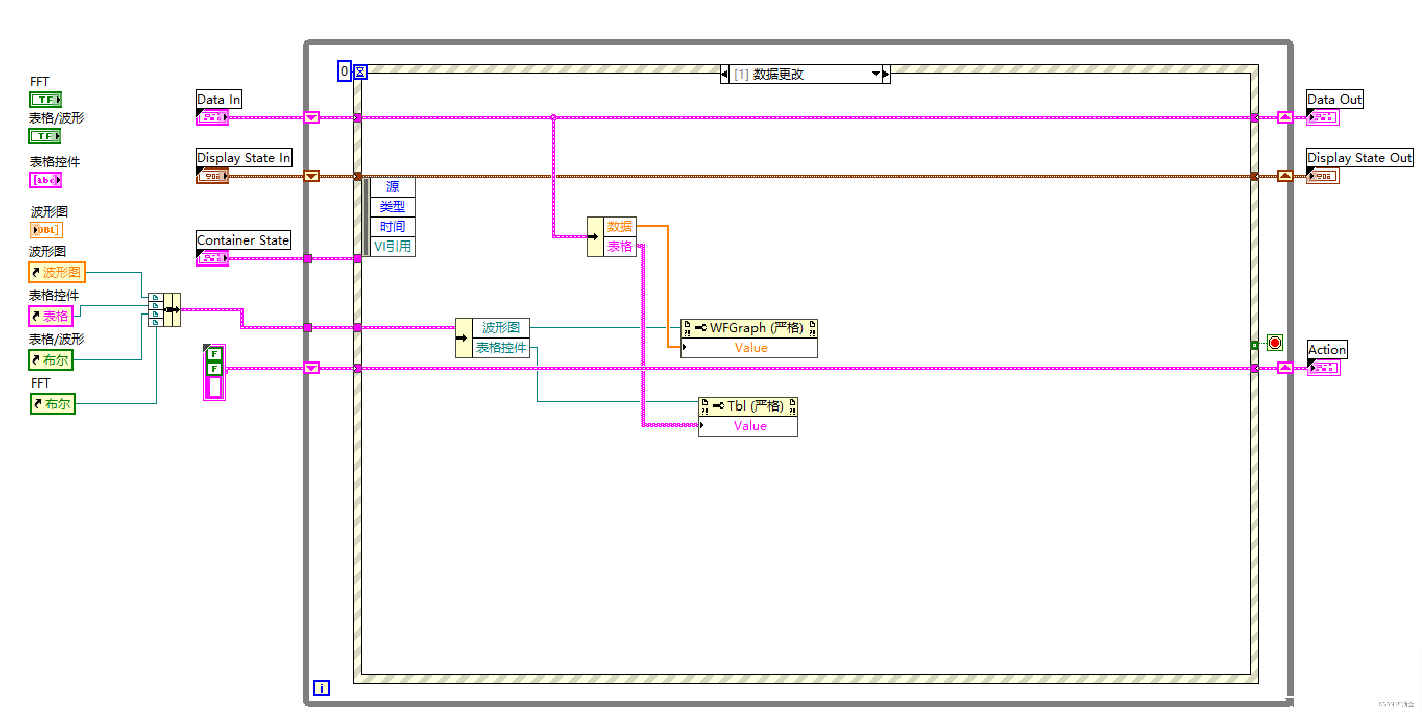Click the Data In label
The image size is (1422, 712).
[x=218, y=100]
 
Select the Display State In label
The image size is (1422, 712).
[x=244, y=158]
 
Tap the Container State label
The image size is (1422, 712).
[x=243, y=240]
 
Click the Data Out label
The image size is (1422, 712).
[x=1334, y=100]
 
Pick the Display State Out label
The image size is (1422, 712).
[x=1358, y=158]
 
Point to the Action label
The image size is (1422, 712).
[x=1327, y=349]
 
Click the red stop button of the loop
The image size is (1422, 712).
[x=1274, y=343]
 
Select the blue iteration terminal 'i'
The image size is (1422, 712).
[x=321, y=687]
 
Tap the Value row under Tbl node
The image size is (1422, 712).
[x=749, y=426]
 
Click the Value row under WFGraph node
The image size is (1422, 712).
[x=750, y=348]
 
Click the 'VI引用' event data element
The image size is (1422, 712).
[x=393, y=246]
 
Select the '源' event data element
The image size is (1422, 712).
[x=393, y=187]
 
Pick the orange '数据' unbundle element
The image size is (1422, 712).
[x=619, y=226]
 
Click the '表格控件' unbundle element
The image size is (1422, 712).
[x=501, y=348]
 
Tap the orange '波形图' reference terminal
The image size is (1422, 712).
[x=57, y=272]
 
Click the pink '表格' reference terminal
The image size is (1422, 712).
[x=50, y=317]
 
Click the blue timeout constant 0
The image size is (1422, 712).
[x=344, y=71]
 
